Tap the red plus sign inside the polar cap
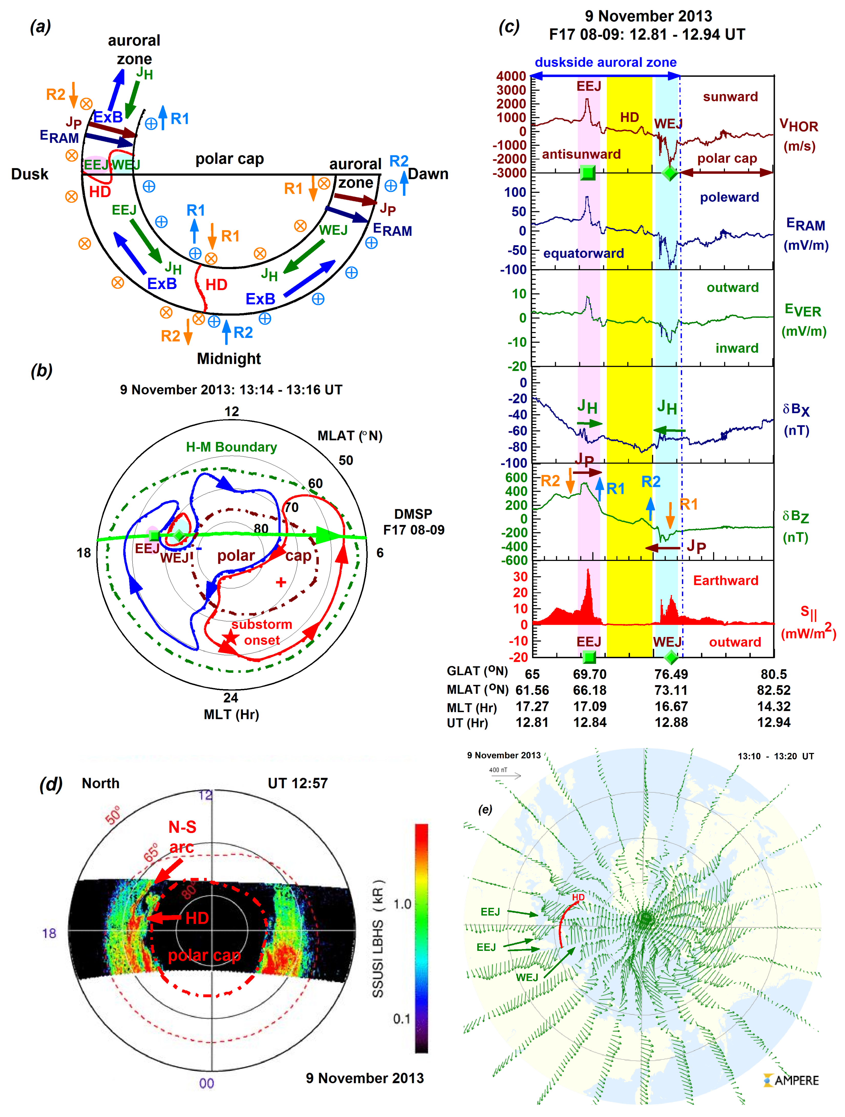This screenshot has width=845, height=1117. [x=281, y=582]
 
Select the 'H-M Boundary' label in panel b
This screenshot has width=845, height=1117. [x=231, y=447]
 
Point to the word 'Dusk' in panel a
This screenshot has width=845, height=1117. [x=30, y=174]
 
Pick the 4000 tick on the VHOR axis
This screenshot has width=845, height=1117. [x=511, y=76]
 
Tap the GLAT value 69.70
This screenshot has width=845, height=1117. [x=589, y=674]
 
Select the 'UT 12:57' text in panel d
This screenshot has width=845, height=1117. [x=298, y=783]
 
